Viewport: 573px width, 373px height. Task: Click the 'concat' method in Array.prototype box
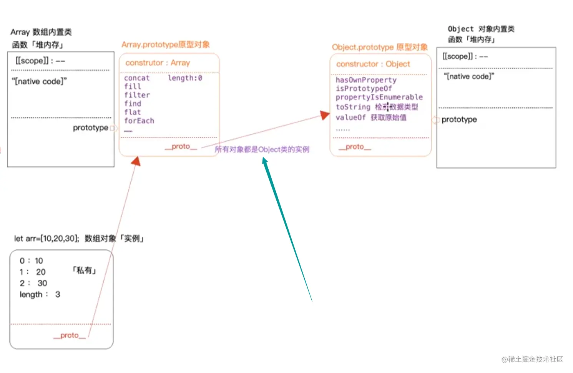[x=136, y=78]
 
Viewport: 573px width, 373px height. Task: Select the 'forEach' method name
[x=139, y=121]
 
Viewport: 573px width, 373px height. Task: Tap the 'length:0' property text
[x=185, y=78]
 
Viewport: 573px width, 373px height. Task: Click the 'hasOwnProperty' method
[x=366, y=80]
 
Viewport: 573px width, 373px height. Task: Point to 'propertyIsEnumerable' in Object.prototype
[x=379, y=97]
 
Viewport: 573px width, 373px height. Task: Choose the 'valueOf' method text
[x=350, y=118]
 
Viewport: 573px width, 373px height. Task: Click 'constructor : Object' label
[x=373, y=64]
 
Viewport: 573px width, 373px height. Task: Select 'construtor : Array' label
[x=158, y=63]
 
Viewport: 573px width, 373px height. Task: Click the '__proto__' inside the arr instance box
[x=70, y=335]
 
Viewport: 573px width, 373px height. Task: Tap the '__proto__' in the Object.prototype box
[x=355, y=147]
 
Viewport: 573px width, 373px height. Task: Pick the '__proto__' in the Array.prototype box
[x=181, y=146]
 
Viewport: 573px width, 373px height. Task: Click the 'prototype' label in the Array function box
[x=90, y=128]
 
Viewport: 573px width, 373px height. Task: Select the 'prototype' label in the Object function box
[x=459, y=119]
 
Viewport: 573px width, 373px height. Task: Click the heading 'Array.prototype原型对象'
[x=166, y=45]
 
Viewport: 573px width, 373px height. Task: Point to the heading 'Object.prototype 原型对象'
[x=380, y=47]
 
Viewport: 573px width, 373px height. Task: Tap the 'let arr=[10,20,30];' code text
[x=47, y=239]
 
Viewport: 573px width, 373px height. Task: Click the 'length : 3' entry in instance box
[x=40, y=295]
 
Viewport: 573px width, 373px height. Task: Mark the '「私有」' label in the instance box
[x=84, y=270]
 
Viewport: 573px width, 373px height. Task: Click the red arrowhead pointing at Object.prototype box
[x=325, y=115]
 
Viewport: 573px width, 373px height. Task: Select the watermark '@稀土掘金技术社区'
[x=532, y=359]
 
